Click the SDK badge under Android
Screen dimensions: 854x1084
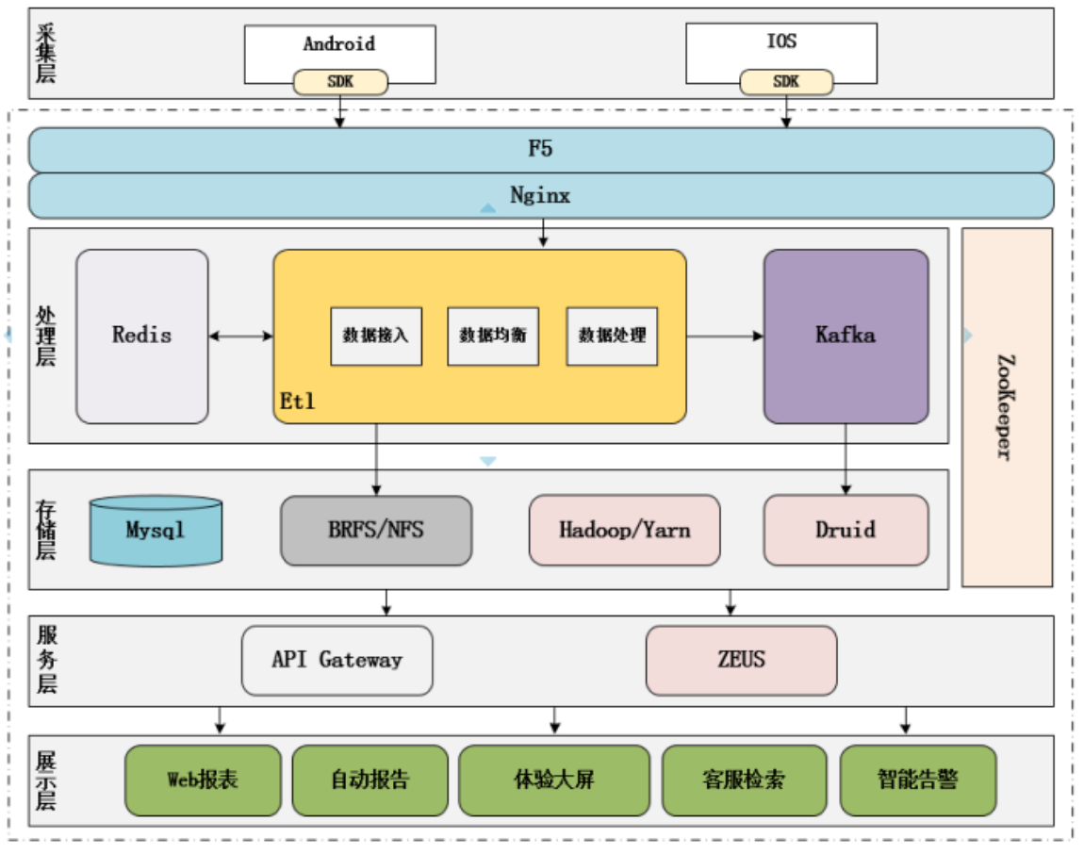coord(340,82)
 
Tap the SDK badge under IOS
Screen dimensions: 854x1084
coord(786,82)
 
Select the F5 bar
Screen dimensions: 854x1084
coord(540,150)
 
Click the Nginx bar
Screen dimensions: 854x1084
coord(540,196)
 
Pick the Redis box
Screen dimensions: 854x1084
coord(142,336)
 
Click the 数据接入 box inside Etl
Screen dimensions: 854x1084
coord(376,336)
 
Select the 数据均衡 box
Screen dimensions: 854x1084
coord(493,336)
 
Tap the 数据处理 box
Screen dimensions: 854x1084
coord(612,336)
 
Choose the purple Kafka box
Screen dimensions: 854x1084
coord(846,336)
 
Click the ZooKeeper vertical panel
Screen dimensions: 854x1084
coord(1007,407)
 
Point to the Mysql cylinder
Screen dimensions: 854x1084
coord(156,531)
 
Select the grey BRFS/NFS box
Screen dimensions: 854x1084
coord(376,531)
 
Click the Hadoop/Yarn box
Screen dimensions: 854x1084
coord(624,531)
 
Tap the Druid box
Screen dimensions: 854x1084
coord(846,531)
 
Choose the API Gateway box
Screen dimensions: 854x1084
coord(337,660)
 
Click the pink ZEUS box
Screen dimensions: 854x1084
coord(741,660)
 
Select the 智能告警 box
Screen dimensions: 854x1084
coord(917,780)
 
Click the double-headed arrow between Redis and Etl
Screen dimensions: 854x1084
coord(240,336)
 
